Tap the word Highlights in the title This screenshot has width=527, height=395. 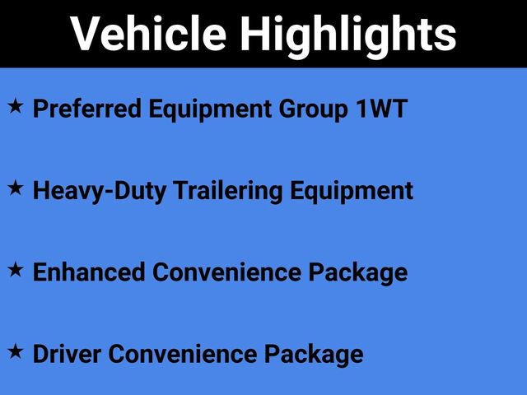[x=347, y=34]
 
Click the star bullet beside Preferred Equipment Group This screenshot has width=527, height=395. [x=16, y=107]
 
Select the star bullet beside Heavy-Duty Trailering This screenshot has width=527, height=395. [x=16, y=188]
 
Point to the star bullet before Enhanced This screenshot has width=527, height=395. [x=16, y=269]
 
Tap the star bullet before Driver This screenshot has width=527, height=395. [x=16, y=351]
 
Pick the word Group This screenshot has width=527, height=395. [x=308, y=109]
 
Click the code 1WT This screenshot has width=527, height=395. [x=380, y=109]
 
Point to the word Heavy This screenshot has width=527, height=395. [x=61, y=191]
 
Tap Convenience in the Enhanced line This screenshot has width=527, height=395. [x=222, y=272]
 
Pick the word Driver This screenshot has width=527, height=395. [x=67, y=354]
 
